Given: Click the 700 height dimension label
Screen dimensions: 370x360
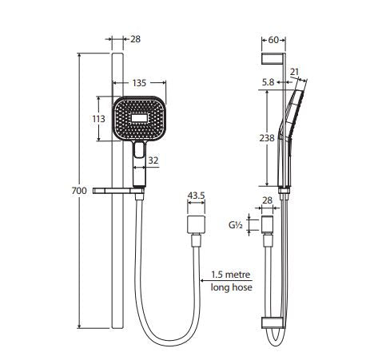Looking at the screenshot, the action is click(79, 191).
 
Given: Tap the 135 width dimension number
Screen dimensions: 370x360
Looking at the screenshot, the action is click(139, 83).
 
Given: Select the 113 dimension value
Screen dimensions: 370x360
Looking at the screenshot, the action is click(98, 119).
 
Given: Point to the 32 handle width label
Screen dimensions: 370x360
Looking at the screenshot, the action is click(153, 160).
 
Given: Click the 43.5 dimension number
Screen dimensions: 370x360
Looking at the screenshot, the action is click(196, 196).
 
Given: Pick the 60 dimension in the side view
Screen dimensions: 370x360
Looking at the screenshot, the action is click(273, 40).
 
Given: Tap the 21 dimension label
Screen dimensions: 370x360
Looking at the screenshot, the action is click(294, 72).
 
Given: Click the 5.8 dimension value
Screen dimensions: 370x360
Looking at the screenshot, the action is click(268, 82).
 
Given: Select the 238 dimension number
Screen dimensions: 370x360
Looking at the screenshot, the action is click(267, 138).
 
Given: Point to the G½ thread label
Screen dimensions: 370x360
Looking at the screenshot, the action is click(236, 225).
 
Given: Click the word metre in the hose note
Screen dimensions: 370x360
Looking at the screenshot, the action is click(237, 275).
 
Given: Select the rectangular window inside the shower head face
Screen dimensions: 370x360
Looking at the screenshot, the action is click(139, 117).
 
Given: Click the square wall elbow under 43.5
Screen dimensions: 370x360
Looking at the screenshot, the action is click(197, 224).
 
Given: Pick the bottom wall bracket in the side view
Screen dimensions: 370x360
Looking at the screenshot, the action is click(273, 322).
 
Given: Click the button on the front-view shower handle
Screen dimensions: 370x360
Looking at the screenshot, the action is click(138, 150).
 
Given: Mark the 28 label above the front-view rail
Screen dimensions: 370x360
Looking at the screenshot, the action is click(135, 39).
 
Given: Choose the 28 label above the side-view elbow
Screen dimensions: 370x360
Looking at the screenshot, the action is click(267, 200).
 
